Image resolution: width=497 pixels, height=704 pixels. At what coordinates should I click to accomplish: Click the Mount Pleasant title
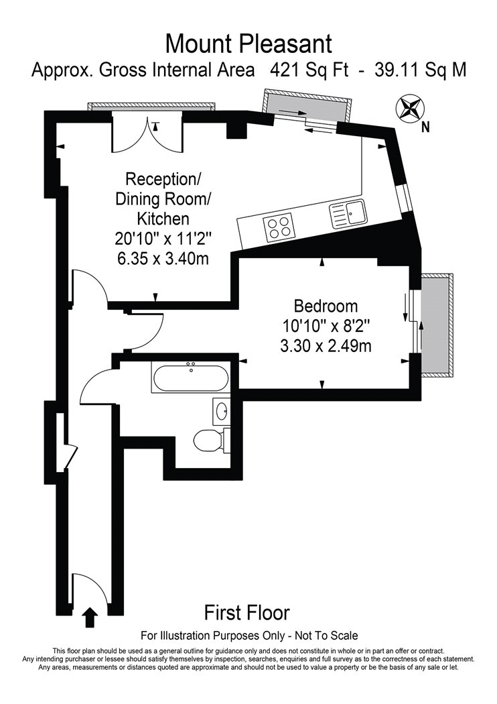tap(248, 44)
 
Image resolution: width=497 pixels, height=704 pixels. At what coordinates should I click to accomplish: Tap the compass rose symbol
tap(409, 108)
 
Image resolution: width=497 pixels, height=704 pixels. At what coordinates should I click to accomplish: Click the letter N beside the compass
tap(425, 128)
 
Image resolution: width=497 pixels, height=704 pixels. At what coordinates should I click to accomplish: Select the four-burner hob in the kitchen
tap(279, 227)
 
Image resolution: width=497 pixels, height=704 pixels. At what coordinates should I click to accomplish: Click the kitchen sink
tap(348, 213)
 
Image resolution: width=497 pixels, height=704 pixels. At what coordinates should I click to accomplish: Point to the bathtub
tap(191, 378)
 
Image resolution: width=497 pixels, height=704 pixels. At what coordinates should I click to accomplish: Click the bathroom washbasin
tap(221, 411)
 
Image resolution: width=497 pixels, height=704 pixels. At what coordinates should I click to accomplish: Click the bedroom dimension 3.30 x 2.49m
tap(326, 346)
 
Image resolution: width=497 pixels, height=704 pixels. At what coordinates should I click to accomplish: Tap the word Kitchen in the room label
tap(163, 219)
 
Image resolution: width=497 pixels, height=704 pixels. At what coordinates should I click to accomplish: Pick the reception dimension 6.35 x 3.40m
tap(162, 259)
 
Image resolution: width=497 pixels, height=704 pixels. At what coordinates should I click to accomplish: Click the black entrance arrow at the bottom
tap(91, 617)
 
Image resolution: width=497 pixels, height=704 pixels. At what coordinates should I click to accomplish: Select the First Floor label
tap(247, 612)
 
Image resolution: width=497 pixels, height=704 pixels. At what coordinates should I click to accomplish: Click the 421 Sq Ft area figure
tap(309, 70)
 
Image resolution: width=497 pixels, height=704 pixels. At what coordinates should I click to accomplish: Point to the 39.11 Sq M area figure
tap(420, 70)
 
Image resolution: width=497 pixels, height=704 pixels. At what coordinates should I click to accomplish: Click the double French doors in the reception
tap(147, 134)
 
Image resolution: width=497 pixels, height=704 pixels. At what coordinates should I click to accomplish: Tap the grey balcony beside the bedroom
tap(436, 325)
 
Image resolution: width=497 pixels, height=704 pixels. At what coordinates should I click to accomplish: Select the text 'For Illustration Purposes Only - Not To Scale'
tap(249, 636)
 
